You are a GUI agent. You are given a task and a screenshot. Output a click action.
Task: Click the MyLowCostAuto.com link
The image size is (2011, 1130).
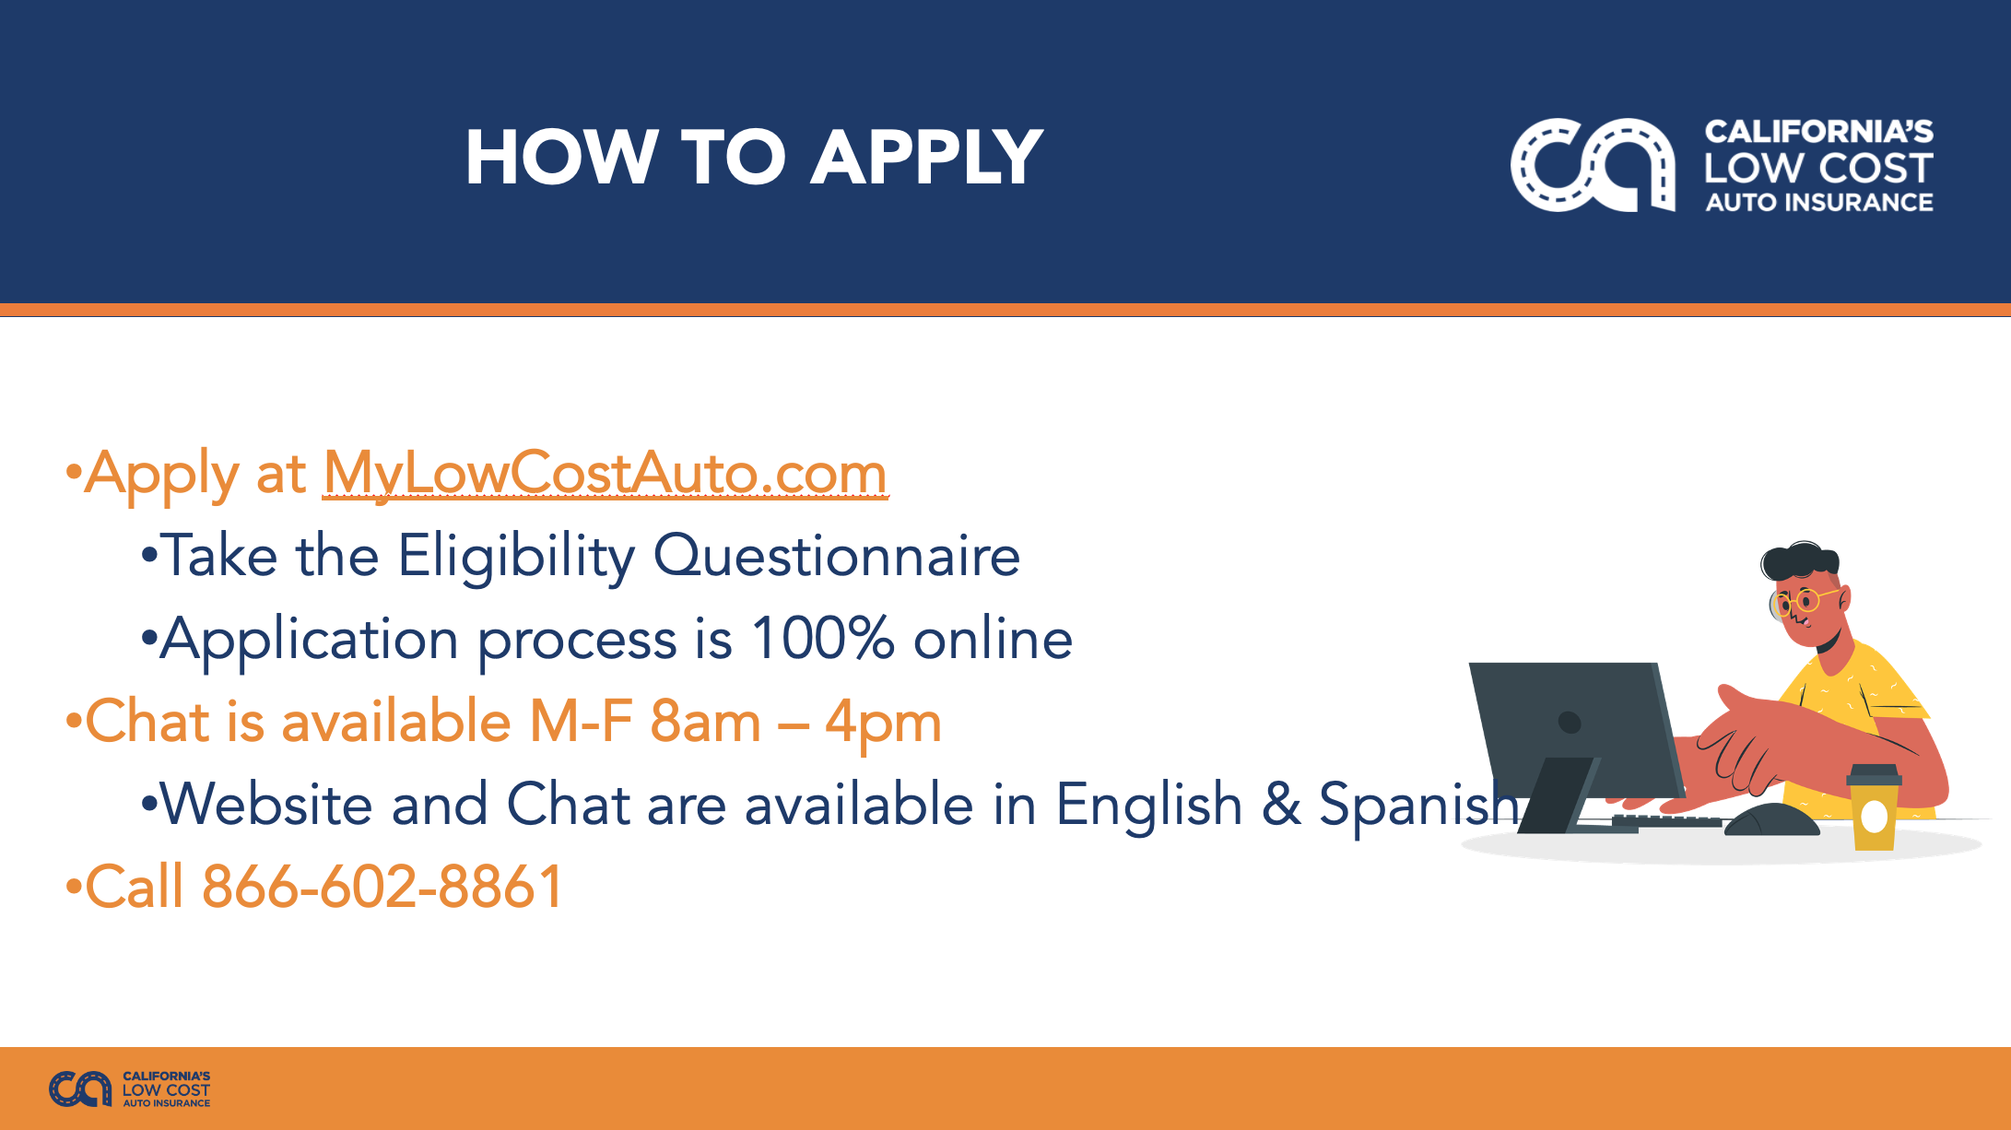[606, 475]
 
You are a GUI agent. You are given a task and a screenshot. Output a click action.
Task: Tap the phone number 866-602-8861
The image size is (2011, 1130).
[382, 887]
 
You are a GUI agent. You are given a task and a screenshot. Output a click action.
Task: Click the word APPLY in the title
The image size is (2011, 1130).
[927, 157]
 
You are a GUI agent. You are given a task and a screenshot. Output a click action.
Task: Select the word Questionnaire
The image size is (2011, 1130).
[837, 558]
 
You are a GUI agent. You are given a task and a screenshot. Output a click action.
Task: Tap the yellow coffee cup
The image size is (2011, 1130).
[1874, 807]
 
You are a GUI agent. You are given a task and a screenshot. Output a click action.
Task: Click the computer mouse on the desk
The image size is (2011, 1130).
[1771, 820]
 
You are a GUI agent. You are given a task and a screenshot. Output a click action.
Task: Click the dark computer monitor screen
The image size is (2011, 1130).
[1576, 728]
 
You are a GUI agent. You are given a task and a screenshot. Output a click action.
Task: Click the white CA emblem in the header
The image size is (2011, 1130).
[1593, 165]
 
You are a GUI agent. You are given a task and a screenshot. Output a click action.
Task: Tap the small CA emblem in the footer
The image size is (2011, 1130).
[80, 1089]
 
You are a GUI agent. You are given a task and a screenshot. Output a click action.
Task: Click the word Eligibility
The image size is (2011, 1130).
[516, 558]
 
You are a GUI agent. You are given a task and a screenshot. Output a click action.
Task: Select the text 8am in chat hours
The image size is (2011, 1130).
[705, 721]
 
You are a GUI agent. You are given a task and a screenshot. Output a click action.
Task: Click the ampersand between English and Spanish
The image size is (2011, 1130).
[1281, 804]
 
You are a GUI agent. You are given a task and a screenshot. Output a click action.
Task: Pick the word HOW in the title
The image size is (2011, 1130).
[561, 157]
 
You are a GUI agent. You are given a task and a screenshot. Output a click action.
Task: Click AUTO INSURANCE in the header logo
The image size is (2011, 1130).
[1819, 202]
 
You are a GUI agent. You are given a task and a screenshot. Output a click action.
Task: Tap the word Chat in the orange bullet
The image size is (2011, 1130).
[147, 721]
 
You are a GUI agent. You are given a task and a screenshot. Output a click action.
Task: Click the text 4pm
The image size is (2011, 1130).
[883, 724]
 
